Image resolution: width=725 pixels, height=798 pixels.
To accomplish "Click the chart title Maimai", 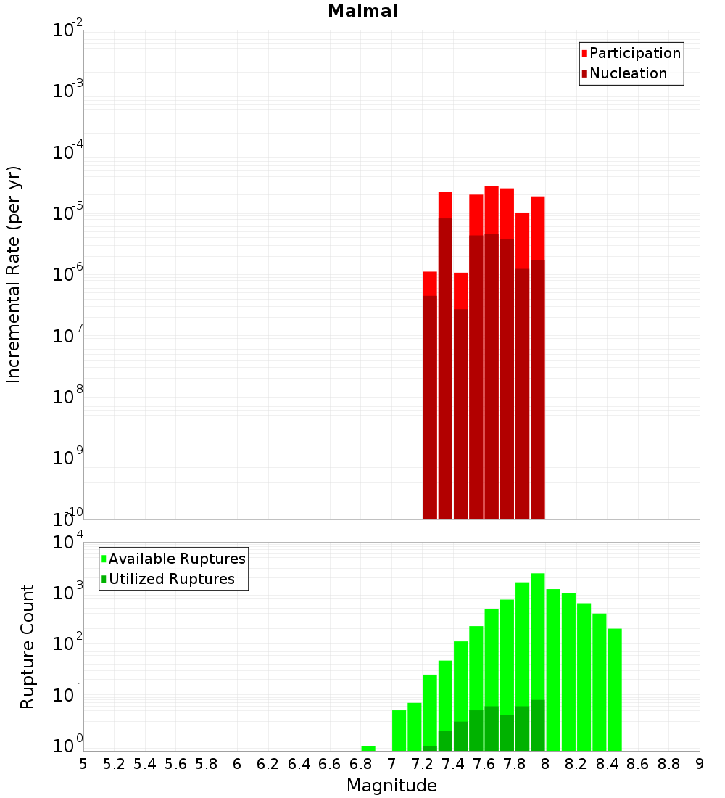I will [362, 11].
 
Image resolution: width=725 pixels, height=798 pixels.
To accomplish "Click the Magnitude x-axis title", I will [391, 786].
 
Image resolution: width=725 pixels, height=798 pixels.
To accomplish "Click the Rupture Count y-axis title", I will [28, 646].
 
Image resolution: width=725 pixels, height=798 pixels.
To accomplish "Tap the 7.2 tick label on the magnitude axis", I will [422, 764].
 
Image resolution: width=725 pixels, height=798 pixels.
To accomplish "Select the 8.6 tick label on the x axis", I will [638, 764].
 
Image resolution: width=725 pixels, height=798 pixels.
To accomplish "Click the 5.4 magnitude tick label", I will [145, 764].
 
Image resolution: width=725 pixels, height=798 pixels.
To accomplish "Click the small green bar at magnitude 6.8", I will [368, 748].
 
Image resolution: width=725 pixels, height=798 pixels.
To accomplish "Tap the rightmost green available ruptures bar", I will [615, 689].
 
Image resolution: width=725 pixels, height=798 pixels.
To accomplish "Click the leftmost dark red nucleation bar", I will [430, 406].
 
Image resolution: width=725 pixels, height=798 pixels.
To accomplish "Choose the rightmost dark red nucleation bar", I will [538, 388].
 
